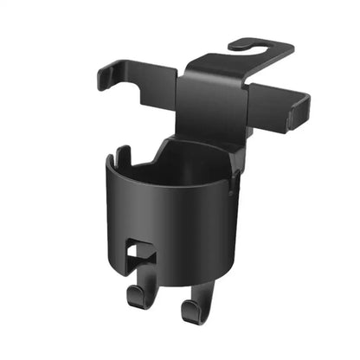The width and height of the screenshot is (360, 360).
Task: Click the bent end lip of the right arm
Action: pyautogui.click(x=302, y=111)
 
